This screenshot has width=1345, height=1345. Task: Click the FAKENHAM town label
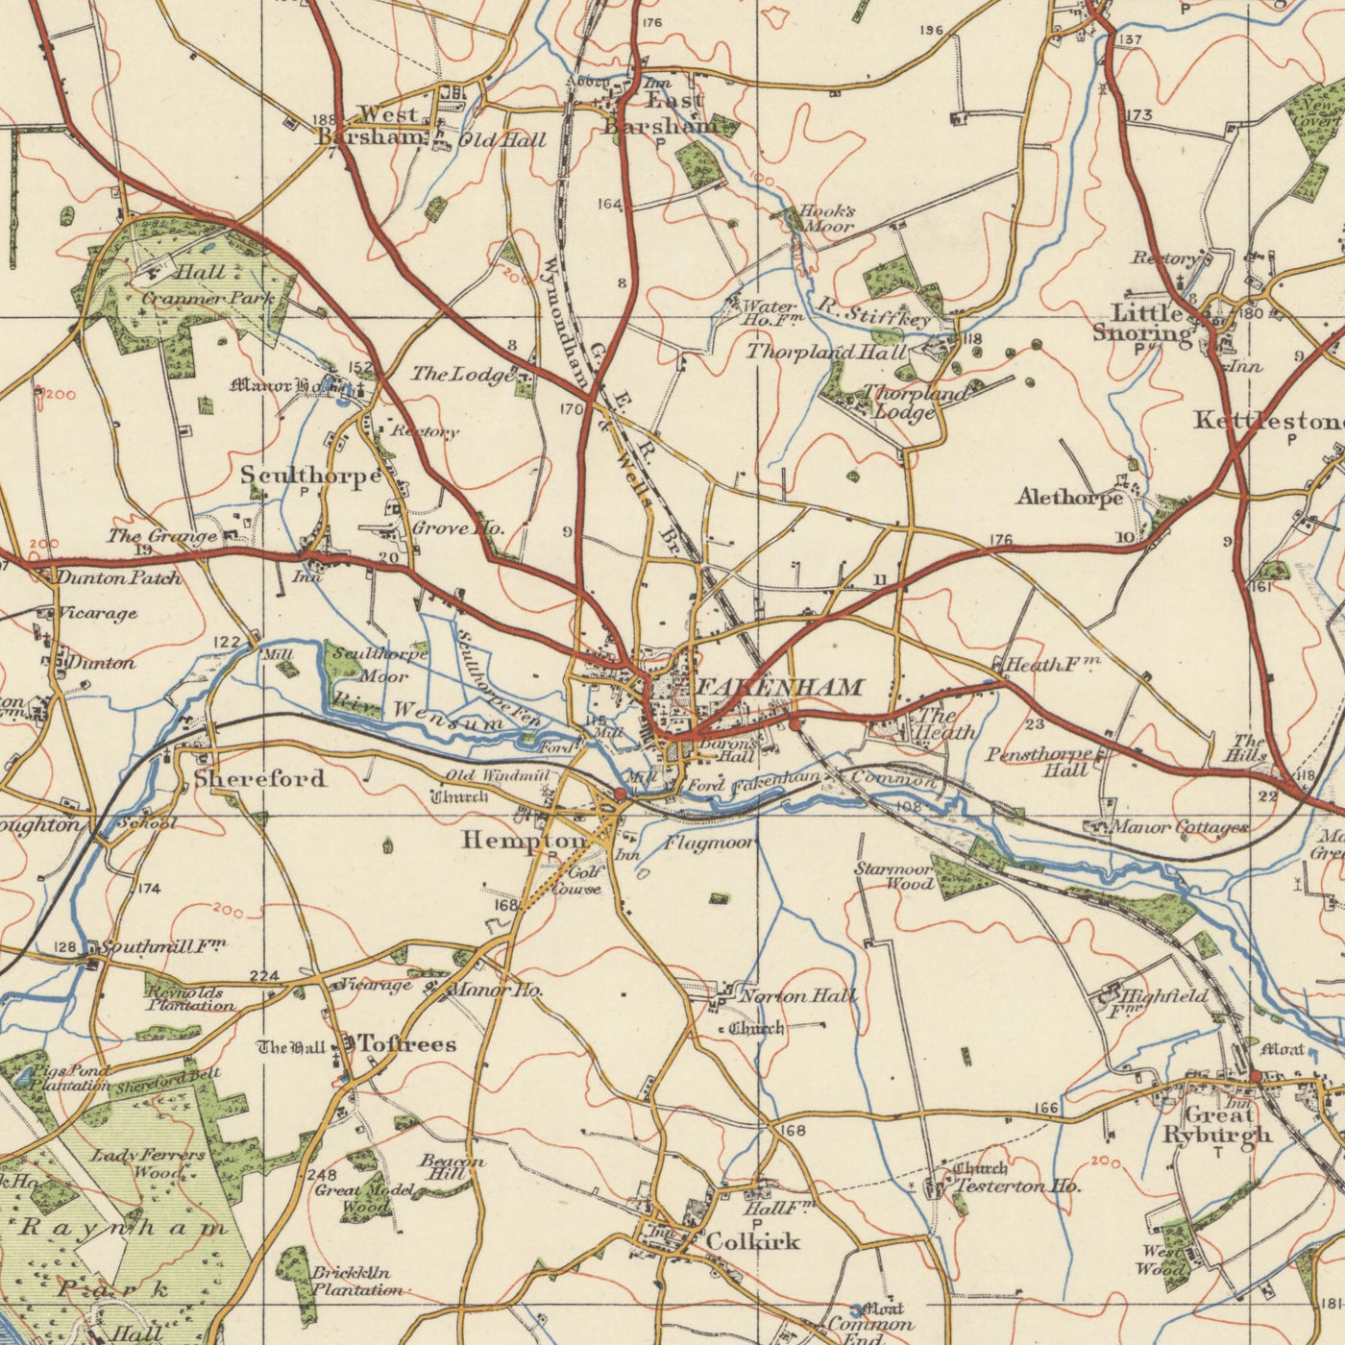(779, 687)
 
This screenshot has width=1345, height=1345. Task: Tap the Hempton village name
(523, 840)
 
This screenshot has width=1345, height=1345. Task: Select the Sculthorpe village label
(310, 475)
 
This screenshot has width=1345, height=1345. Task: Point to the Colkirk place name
(752, 1241)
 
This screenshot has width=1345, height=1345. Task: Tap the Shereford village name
(259, 777)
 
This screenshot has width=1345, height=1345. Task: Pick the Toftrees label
(406, 1043)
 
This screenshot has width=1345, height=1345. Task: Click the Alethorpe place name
(1068, 498)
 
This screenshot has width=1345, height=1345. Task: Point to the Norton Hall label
(797, 996)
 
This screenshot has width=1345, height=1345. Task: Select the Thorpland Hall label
(826, 353)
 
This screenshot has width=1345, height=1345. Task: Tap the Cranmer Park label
(208, 299)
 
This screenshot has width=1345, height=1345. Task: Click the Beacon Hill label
(452, 1167)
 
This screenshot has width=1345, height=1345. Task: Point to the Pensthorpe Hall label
(1039, 762)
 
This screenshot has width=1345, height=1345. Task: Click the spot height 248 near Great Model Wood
(322, 1176)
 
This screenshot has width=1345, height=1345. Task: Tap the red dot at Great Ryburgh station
(1255, 1076)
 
